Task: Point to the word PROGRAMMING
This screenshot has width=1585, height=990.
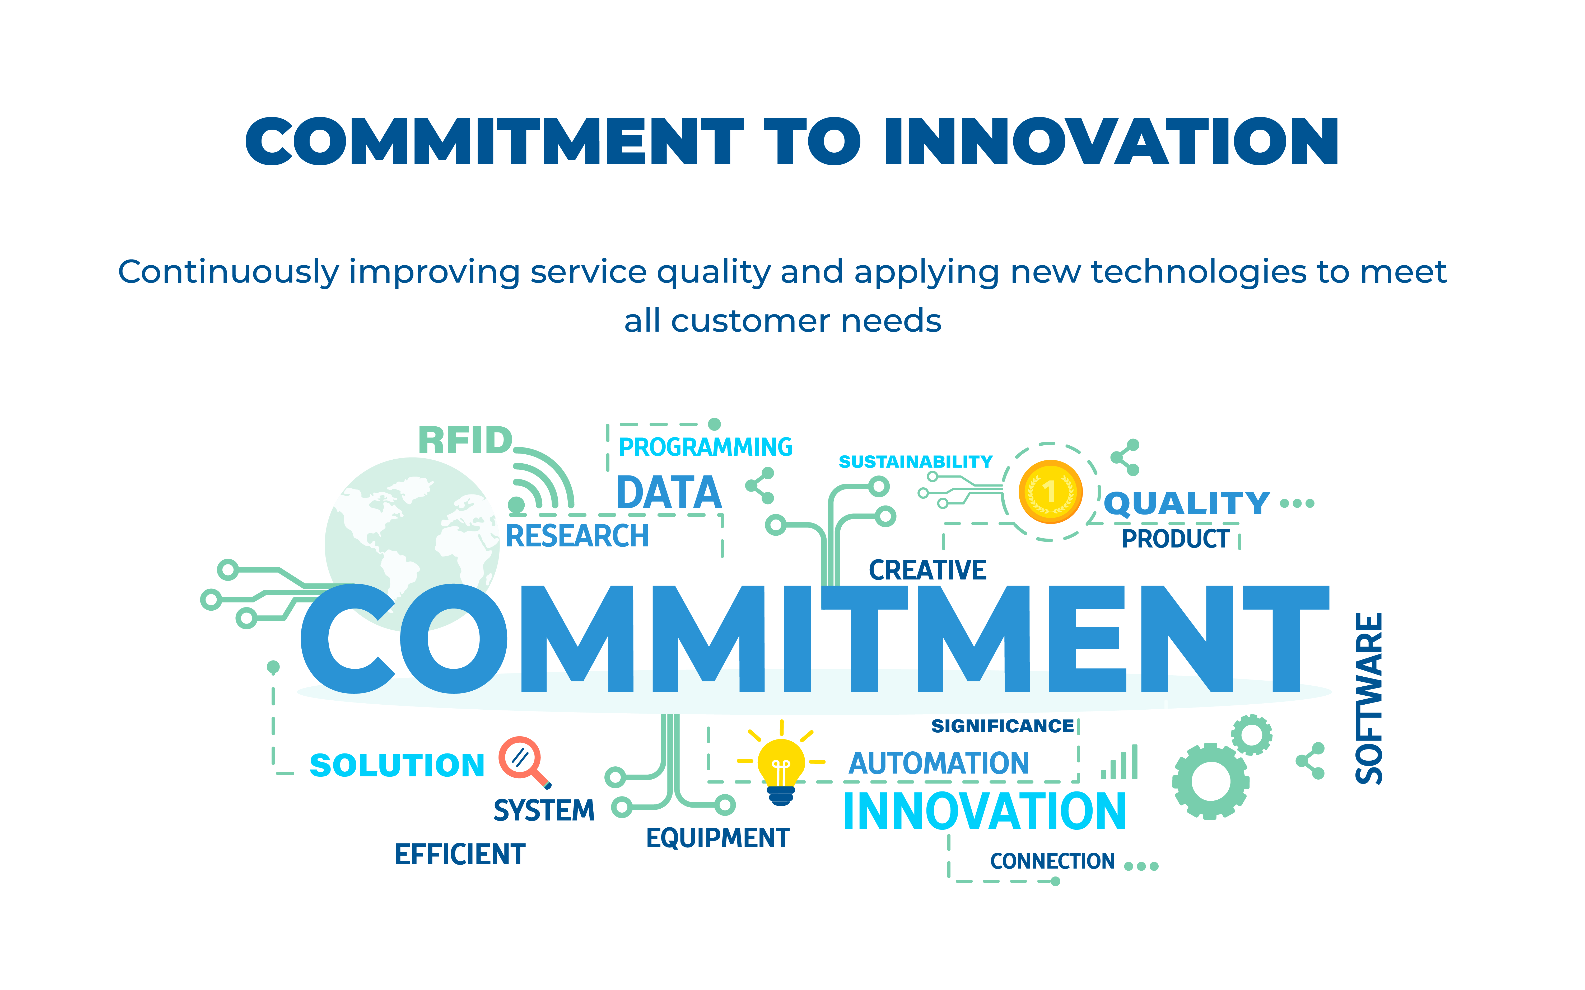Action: coord(705,447)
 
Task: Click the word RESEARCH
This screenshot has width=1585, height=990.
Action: coord(577,536)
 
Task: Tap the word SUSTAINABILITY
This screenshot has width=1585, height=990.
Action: coord(916,462)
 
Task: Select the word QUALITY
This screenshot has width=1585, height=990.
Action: coord(1187,503)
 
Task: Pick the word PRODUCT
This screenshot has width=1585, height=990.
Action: coord(1176,539)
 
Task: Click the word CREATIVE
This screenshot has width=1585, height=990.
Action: coord(927,570)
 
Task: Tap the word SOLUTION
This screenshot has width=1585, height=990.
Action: coord(397,765)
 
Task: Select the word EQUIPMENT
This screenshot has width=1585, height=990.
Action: coord(718,838)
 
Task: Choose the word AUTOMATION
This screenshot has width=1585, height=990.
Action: coord(939,763)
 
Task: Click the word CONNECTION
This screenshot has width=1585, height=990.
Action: coord(1052,861)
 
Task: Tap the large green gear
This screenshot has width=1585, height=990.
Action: coord(1210,781)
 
